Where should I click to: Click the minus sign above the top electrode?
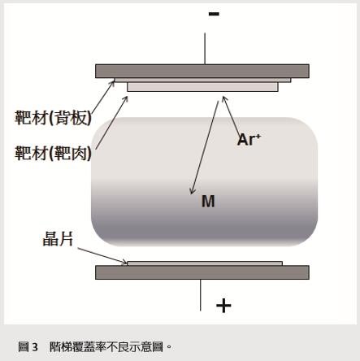point(214,14)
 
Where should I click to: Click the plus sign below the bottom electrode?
point(223,306)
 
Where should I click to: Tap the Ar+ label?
point(249,140)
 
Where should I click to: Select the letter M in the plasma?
point(208,202)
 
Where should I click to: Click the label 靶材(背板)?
point(53,118)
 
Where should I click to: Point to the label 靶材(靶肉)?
point(53,153)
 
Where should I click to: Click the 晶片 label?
point(58,238)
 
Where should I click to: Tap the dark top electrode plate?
point(202,71)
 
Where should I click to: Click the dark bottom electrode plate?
point(202,272)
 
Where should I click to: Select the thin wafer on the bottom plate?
point(205,263)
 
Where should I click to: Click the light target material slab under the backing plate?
point(202,87)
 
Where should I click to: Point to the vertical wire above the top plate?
point(205,49)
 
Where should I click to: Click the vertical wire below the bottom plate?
point(201,295)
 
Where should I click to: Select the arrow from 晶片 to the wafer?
point(102,255)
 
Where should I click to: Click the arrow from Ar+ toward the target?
point(231,115)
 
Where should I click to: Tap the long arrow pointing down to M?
point(205,147)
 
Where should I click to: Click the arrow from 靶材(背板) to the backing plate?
point(103,96)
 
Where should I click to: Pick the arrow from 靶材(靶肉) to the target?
point(111,122)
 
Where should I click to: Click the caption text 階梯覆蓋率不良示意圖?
point(106,346)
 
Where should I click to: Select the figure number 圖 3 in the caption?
point(28,346)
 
